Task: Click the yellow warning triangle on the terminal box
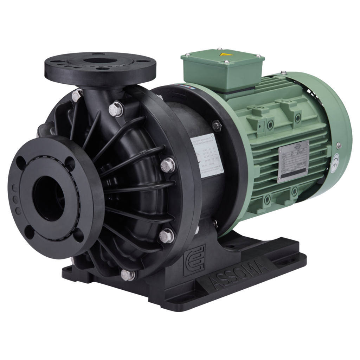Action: click(x=223, y=55)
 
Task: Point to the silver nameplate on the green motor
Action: click(x=294, y=161)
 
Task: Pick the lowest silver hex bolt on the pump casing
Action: click(x=127, y=275)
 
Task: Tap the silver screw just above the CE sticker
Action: click(x=338, y=145)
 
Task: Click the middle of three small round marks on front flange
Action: click(x=15, y=199)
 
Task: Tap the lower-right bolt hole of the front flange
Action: click(x=78, y=234)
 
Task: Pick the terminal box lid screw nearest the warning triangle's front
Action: click(x=226, y=62)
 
